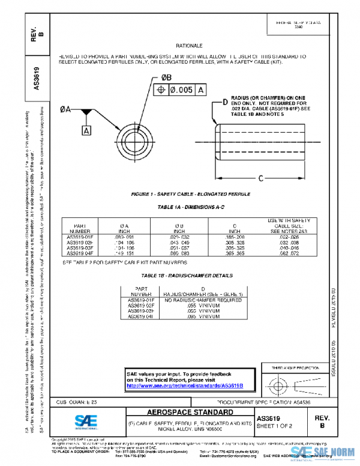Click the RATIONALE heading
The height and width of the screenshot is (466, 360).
(x=189, y=46)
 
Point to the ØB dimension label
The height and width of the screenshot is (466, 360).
(x=166, y=77)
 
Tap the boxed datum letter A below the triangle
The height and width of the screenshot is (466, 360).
(x=86, y=130)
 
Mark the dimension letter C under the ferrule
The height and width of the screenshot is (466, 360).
(x=260, y=178)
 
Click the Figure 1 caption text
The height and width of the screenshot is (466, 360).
(x=190, y=195)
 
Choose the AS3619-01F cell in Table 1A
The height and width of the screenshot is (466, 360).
(x=80, y=237)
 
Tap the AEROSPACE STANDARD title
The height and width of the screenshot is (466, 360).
(x=190, y=413)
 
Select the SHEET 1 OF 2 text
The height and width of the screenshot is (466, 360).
(x=274, y=426)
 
